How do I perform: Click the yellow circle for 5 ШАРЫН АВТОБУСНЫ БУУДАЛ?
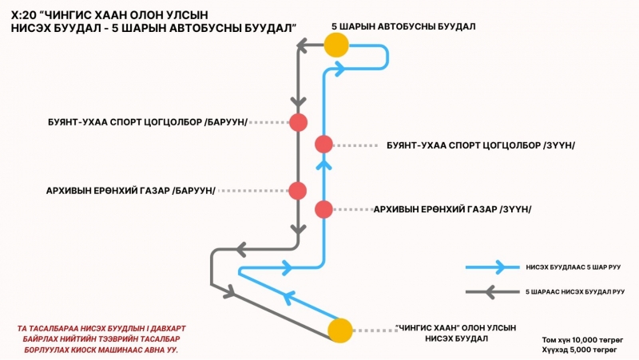pos(336,45)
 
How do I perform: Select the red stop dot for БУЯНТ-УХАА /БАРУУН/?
pos(298,122)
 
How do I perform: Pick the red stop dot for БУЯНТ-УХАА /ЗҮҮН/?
pos(323,144)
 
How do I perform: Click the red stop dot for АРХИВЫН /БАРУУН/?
pos(298,191)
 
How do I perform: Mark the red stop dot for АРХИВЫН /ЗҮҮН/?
pos(323,209)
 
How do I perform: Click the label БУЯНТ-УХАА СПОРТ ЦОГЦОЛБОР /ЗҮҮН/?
pos(480,145)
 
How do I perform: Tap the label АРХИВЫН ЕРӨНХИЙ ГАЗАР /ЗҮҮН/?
pos(452,209)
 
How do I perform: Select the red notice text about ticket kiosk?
pos(96,338)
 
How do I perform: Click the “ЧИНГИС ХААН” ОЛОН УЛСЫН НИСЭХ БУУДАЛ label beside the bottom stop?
pos(455,333)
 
